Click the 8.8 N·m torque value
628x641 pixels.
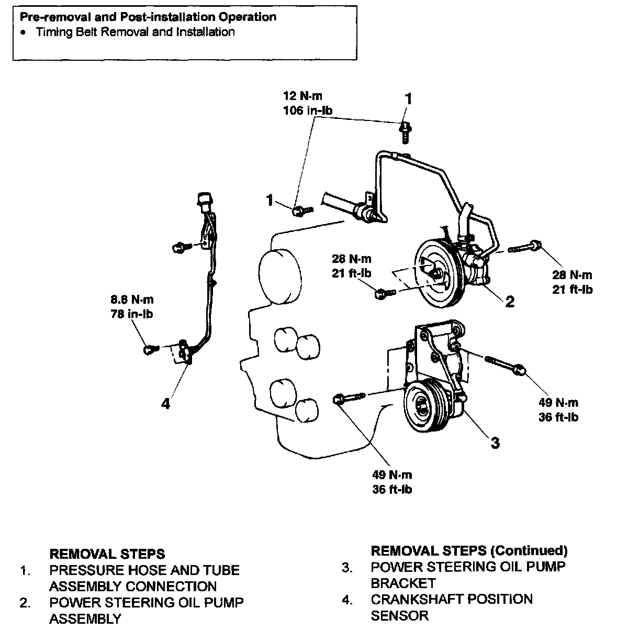(x=131, y=300)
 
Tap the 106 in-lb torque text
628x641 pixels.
(x=307, y=110)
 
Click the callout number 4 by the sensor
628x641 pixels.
(x=165, y=404)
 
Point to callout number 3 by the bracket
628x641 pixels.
(x=495, y=443)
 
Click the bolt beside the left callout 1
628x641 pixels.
(x=300, y=210)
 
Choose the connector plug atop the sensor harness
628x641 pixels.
(x=204, y=199)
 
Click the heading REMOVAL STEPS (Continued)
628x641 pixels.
(x=469, y=550)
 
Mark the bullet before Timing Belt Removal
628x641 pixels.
(x=23, y=32)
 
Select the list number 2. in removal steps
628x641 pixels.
(x=25, y=603)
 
